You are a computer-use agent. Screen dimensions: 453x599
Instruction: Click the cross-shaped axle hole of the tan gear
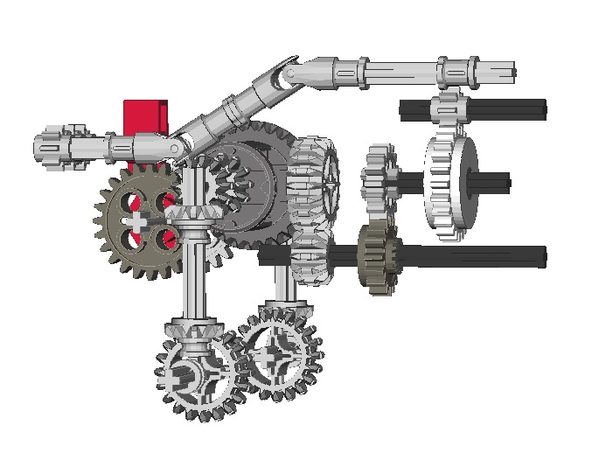click(x=135, y=222)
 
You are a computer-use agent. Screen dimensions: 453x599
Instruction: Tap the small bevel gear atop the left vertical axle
click(x=196, y=213)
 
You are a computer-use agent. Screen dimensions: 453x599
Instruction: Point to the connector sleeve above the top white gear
click(x=455, y=71)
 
